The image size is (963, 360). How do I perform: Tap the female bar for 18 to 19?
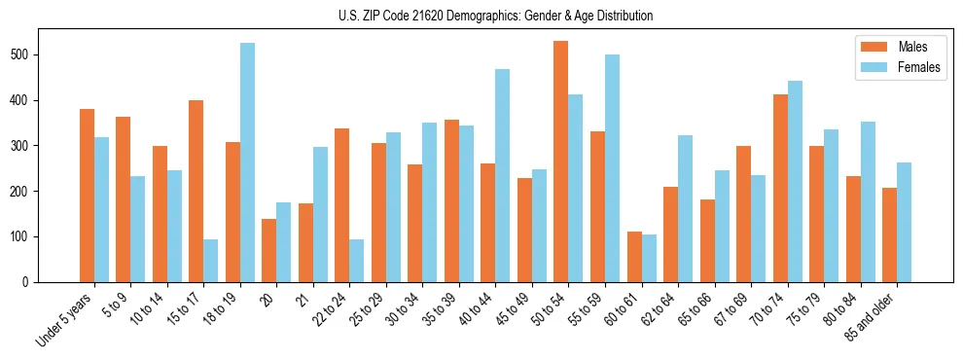click(248, 162)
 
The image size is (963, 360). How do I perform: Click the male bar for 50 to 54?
click(560, 162)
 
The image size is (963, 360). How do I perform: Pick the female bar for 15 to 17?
click(211, 261)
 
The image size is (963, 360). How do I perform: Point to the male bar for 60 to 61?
click(634, 257)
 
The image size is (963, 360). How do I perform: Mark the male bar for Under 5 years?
click(87, 196)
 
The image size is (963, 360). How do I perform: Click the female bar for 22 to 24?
click(357, 261)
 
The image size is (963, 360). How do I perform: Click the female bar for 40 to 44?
click(503, 175)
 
